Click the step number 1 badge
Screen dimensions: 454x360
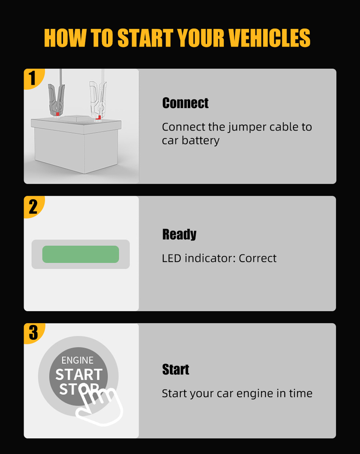33,78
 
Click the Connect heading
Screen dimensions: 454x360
185,103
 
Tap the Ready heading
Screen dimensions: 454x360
179,234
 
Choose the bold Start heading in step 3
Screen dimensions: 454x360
175,369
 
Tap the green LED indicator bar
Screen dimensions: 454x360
81,254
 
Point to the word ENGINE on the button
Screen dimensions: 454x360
77,360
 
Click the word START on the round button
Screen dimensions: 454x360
79,375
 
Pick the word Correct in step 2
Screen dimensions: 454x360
257,258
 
